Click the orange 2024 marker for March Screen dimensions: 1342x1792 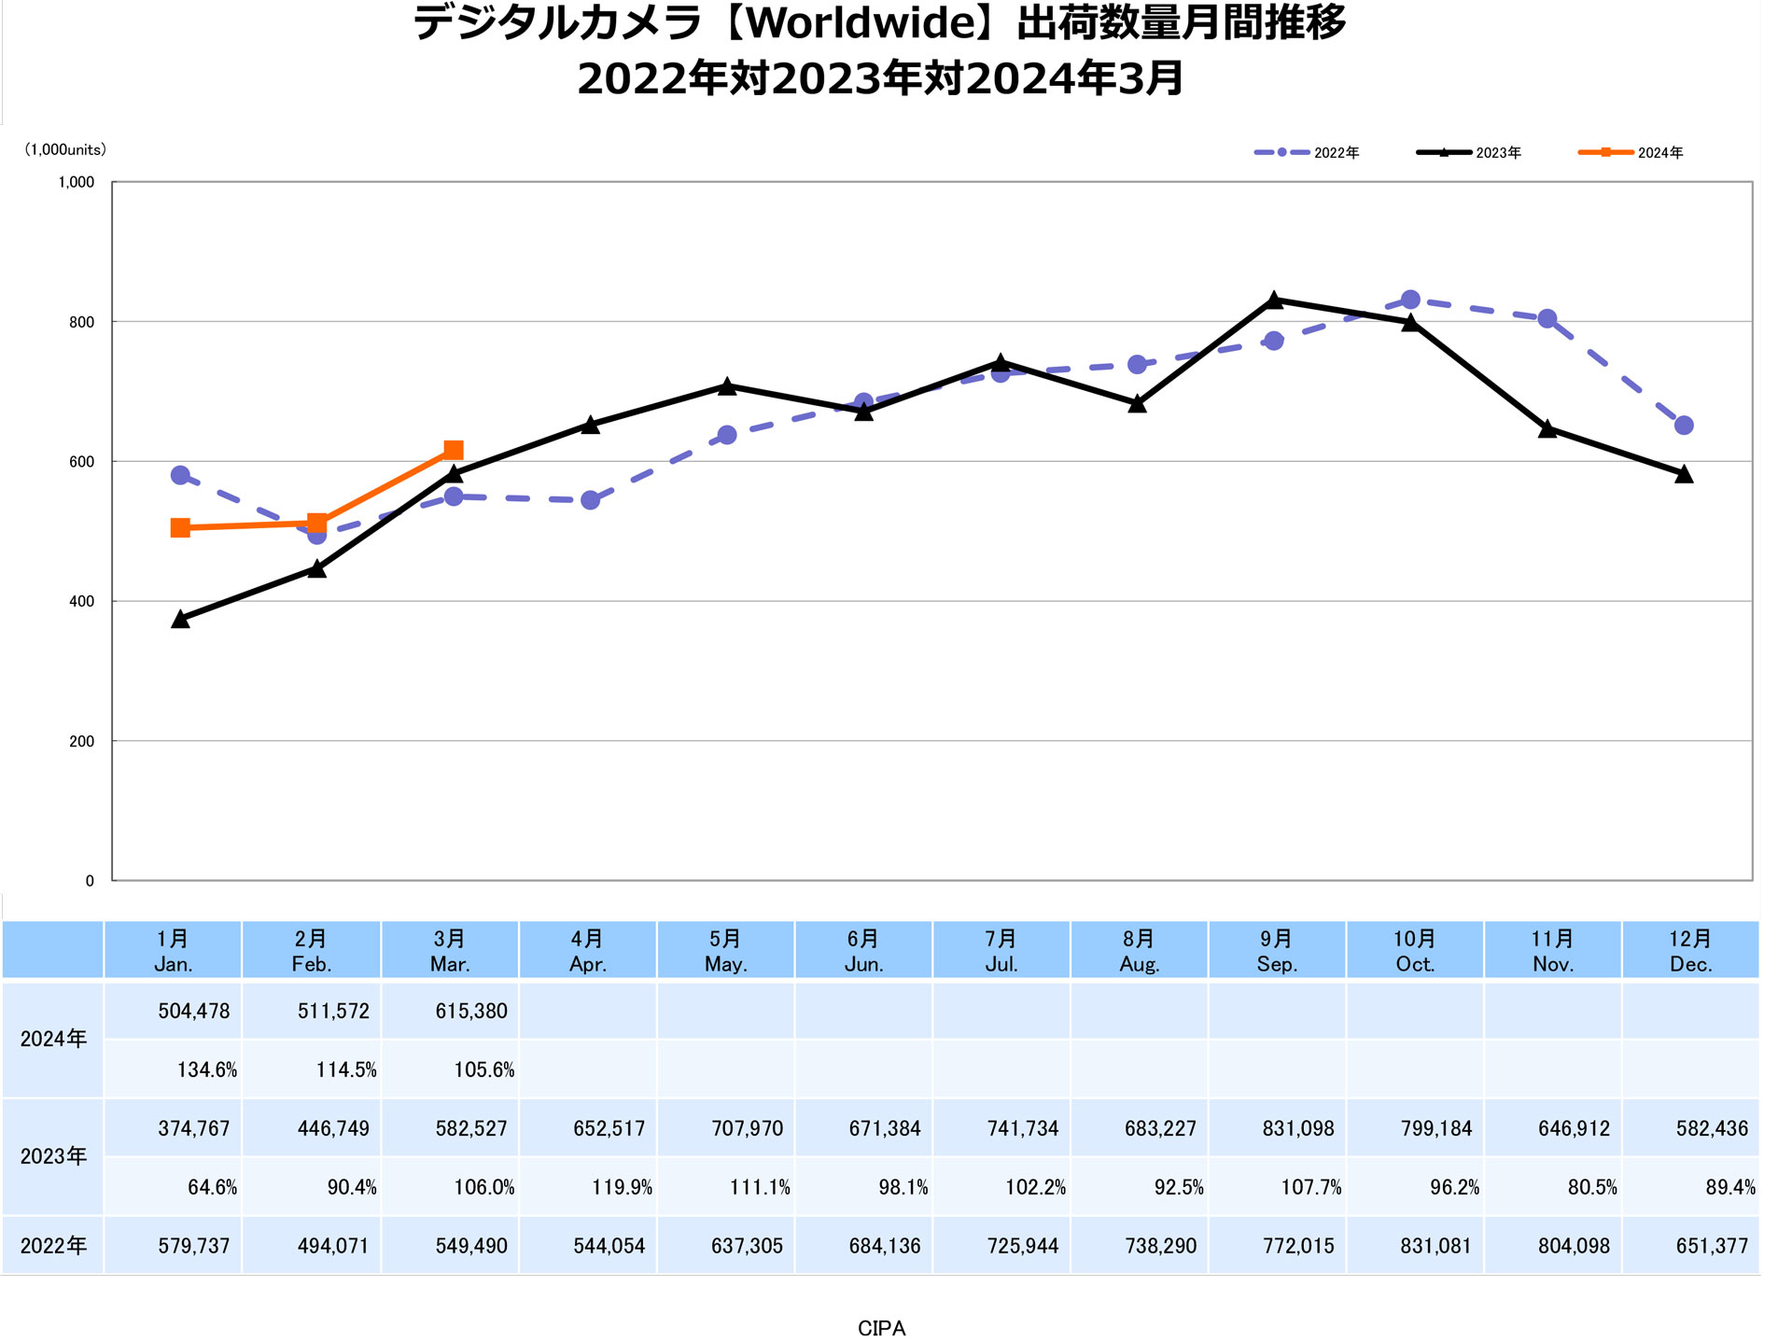(454, 451)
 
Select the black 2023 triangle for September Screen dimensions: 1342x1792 (1274, 300)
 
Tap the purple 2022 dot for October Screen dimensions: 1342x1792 (1411, 300)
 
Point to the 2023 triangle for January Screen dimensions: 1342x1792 (181, 619)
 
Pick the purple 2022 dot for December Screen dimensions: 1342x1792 (1684, 426)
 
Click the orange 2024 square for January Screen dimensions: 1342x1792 (181, 528)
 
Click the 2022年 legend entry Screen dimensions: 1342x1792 (1307, 152)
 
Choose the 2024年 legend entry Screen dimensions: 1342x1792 (1631, 152)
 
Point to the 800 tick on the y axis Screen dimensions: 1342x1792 (81, 322)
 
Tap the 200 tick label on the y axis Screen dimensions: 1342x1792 (81, 741)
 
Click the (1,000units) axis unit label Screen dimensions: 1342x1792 (65, 149)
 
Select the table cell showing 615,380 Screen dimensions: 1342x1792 (471, 1011)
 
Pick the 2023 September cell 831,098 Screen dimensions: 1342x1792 (1298, 1128)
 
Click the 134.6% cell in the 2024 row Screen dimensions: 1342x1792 (207, 1069)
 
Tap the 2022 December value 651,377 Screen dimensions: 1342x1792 (1712, 1246)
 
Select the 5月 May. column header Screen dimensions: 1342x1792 (725, 951)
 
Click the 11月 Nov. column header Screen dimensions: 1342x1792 (1552, 951)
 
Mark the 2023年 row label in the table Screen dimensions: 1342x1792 (53, 1156)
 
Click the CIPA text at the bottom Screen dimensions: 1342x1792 (881, 1328)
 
